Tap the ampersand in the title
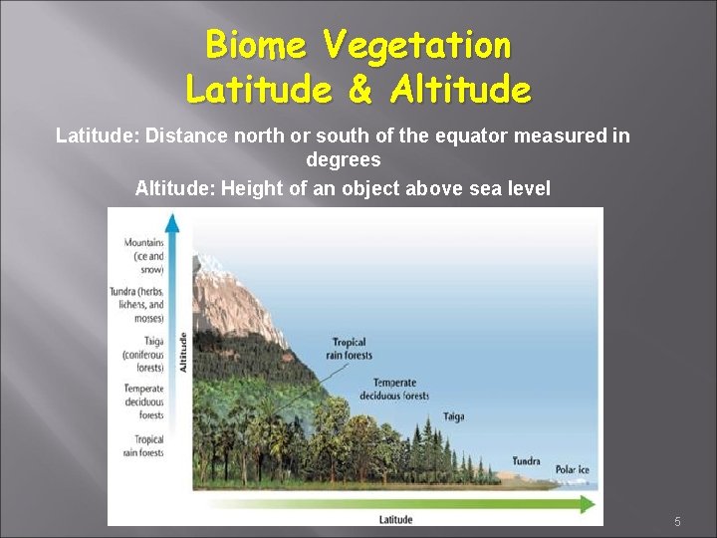coord(360,90)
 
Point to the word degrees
coord(343,159)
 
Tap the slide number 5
coord(677,522)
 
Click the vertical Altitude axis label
coord(183,352)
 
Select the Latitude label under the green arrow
coord(395,519)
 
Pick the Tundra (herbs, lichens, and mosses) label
coord(139,303)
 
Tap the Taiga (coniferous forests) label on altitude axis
coord(143,354)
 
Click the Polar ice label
coord(573,469)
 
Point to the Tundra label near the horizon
coord(526,460)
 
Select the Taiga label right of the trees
coord(453,416)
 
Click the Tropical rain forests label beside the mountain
coord(351,349)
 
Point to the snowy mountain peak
coord(214,264)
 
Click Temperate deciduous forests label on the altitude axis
coord(143,402)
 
